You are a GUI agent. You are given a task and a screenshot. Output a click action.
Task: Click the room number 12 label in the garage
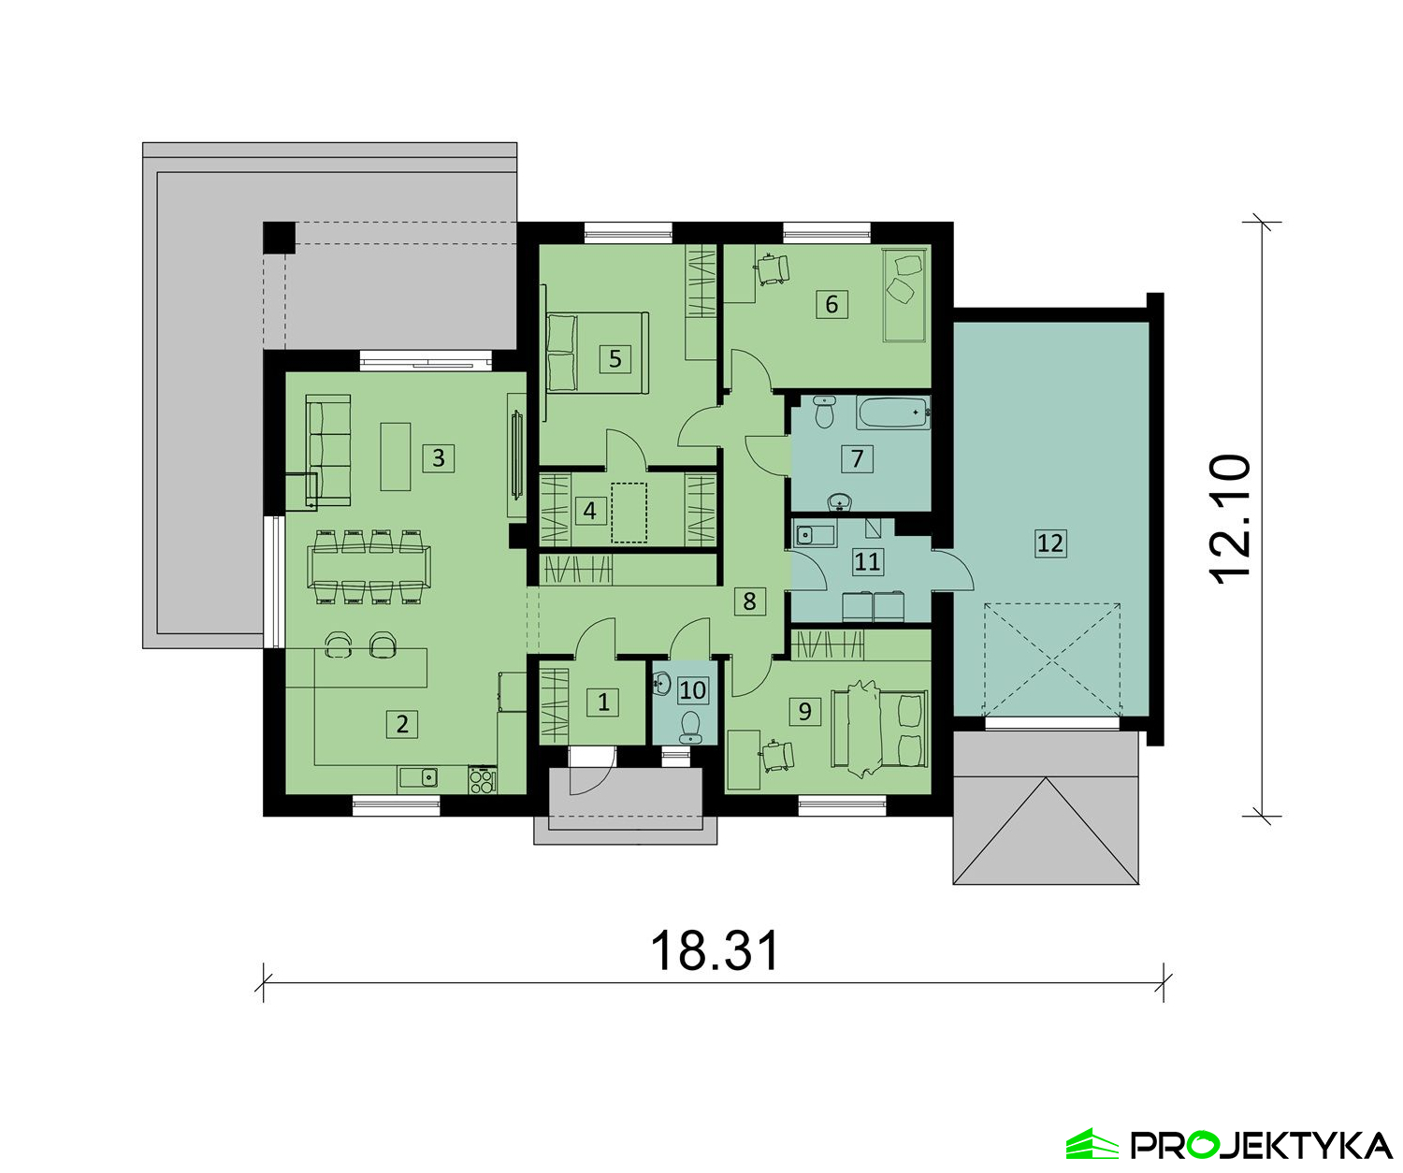click(1050, 543)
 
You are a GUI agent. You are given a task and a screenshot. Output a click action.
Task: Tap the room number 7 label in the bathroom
click(857, 458)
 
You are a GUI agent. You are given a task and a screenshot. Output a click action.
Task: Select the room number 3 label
click(438, 457)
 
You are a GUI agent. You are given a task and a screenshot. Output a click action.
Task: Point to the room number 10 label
click(692, 689)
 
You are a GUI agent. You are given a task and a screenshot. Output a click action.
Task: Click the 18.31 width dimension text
click(715, 949)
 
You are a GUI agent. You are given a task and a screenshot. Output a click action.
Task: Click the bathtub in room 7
click(893, 413)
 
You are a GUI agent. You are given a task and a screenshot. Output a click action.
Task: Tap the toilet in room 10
click(690, 728)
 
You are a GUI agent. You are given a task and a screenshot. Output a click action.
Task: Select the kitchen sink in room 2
click(419, 777)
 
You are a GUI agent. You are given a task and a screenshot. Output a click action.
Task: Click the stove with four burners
click(483, 780)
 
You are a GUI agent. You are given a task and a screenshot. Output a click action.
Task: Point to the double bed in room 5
click(596, 353)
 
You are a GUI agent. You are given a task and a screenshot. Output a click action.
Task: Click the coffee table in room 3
click(395, 456)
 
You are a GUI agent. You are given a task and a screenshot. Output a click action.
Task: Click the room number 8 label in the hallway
click(749, 601)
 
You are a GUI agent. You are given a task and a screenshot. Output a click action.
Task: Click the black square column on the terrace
click(279, 238)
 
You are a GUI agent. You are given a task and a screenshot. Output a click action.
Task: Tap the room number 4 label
click(589, 510)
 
